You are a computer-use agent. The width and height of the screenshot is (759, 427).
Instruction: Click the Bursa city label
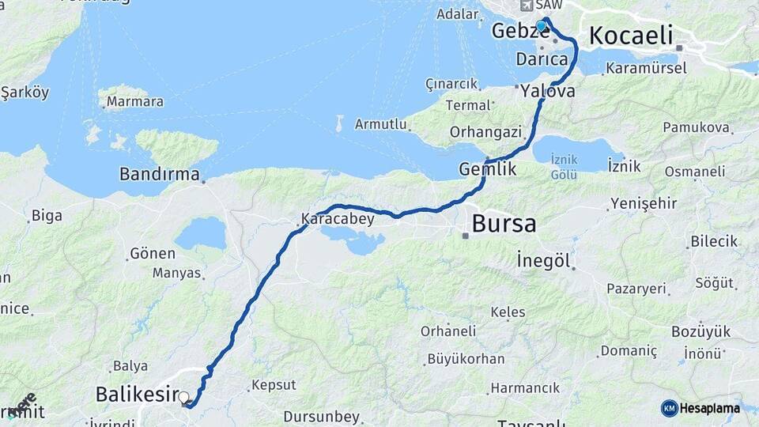click(x=504, y=224)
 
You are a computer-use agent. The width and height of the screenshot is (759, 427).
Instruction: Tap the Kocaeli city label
click(x=631, y=36)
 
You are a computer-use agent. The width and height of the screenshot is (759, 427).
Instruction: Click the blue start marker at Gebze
click(x=541, y=26)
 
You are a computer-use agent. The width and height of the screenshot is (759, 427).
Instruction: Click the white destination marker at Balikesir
click(x=183, y=397)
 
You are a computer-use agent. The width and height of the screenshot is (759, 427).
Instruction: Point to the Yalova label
click(x=547, y=92)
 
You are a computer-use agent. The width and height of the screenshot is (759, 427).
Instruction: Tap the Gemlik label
click(x=487, y=169)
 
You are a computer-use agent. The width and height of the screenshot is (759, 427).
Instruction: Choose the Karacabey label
click(x=338, y=219)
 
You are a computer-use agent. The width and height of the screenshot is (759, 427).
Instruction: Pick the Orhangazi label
click(x=485, y=131)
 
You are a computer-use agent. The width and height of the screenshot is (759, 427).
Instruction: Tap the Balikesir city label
click(x=135, y=393)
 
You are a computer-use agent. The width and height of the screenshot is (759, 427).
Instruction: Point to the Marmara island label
click(x=134, y=101)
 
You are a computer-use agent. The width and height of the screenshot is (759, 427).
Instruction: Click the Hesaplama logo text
click(x=709, y=408)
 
